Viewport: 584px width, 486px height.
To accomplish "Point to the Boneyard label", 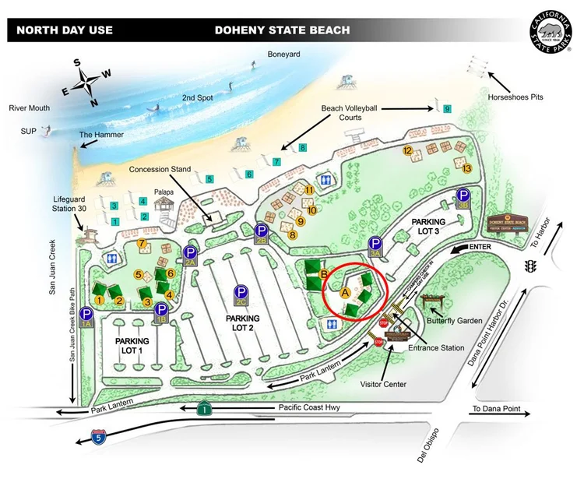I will [x=283, y=55].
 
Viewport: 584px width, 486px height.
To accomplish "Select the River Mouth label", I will [x=28, y=108].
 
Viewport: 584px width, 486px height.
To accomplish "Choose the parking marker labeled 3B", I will [x=463, y=198].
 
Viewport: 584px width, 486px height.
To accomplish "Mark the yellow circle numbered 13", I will [x=466, y=167].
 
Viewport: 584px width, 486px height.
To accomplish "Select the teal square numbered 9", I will [x=447, y=109].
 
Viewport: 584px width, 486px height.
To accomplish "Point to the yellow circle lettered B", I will [x=323, y=273].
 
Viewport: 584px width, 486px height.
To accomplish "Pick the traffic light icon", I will [x=532, y=266].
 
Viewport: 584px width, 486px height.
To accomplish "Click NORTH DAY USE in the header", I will [x=65, y=30].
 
